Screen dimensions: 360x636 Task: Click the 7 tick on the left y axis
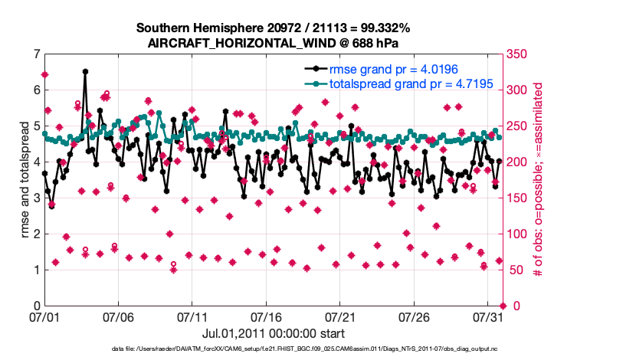(x=35, y=54)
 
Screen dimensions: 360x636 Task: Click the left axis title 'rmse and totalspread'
(x=25, y=180)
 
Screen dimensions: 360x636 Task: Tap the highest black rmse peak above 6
(x=85, y=72)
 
